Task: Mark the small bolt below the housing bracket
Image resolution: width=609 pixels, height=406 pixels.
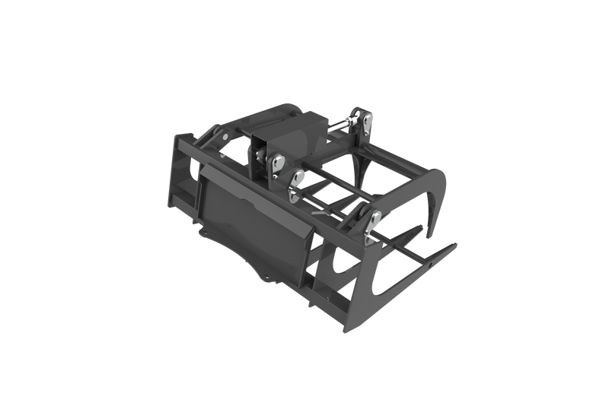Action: (x=271, y=176)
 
